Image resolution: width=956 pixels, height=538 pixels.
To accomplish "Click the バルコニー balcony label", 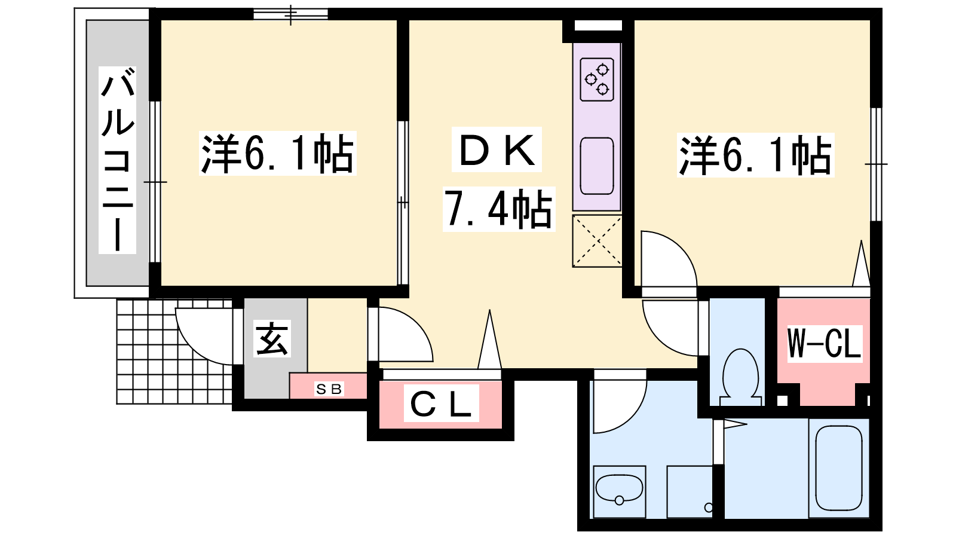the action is (117, 160).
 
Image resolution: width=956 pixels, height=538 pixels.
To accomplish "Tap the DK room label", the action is (497, 150).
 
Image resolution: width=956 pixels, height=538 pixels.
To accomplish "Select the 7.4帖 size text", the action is (498, 209).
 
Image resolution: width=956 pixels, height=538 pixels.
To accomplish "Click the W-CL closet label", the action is (825, 344).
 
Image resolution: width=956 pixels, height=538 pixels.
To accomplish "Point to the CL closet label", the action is (442, 403).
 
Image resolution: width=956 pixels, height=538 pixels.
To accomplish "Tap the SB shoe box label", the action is (329, 389).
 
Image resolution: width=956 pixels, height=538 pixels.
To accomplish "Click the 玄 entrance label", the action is (272, 338).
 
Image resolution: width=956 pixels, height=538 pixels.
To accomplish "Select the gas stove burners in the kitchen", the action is (597, 80).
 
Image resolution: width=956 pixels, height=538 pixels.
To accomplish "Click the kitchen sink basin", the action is (597, 166).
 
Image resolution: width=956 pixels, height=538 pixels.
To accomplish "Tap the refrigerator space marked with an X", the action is (597, 242).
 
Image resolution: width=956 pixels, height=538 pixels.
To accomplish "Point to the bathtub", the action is (839, 467).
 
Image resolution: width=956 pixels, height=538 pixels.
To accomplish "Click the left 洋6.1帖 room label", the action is (277, 154).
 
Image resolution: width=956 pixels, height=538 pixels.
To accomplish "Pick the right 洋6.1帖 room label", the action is (755, 155).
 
